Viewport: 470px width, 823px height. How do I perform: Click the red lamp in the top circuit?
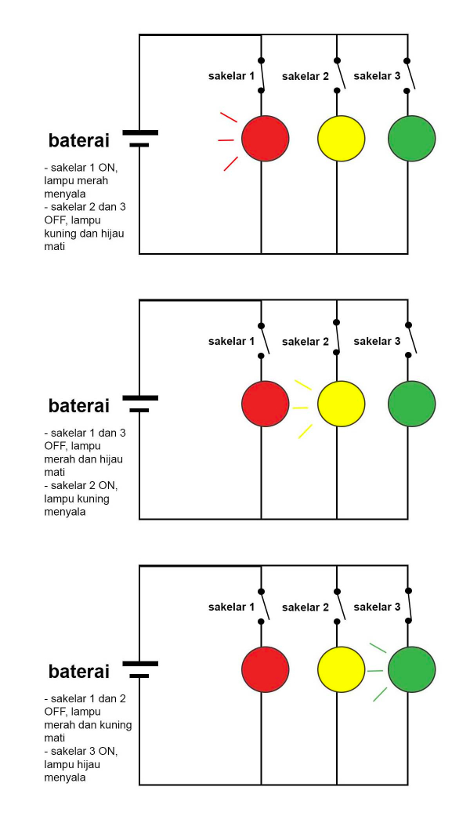pos(265,138)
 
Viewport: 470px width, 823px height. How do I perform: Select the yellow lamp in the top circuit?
pos(341,138)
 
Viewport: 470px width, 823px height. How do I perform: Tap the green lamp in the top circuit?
pos(412,138)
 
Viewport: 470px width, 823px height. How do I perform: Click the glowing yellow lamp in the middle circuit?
pos(341,404)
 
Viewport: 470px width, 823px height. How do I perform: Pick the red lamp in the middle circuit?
pos(265,404)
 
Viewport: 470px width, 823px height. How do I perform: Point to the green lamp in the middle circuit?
pos(412,404)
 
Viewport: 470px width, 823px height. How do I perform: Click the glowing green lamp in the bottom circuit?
pos(412,669)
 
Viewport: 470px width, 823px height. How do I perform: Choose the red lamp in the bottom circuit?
pos(265,669)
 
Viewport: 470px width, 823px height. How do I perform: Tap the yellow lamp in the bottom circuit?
pos(341,669)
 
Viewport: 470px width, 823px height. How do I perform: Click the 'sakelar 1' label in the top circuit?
pos(231,76)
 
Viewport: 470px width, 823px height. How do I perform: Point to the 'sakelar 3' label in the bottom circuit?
pos(377,607)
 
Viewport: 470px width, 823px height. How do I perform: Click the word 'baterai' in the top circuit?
pos(79,140)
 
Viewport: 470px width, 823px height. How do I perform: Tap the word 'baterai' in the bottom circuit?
pos(79,671)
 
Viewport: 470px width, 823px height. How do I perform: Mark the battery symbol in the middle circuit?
pos(140,404)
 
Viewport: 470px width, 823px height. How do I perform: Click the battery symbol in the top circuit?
pos(140,138)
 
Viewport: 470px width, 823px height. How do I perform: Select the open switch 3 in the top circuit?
pos(410,75)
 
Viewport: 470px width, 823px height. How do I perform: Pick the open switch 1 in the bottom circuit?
pos(265,606)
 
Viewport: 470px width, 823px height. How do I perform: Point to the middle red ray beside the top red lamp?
pos(226,140)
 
